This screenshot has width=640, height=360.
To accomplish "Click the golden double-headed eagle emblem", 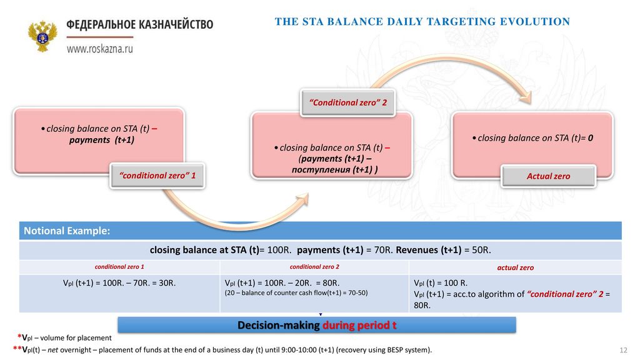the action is (42, 36).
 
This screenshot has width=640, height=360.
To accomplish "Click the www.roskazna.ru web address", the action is (99, 49).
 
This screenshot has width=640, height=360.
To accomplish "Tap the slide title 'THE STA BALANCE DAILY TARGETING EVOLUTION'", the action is (422, 22).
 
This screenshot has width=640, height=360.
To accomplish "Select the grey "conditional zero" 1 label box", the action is (157, 176).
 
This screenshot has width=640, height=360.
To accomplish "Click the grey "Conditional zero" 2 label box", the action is (347, 103).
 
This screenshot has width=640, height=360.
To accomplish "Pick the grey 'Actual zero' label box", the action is (548, 176).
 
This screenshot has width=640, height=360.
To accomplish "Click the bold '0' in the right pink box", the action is (590, 138).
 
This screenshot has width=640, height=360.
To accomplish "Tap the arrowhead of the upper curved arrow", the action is (526, 97).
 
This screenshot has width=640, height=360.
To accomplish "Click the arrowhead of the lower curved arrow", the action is (302, 199).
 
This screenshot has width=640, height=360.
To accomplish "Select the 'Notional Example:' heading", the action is (67, 231).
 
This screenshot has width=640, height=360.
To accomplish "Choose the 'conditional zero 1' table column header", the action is (119, 267).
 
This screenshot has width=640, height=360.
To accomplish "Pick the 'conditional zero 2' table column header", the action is (314, 267).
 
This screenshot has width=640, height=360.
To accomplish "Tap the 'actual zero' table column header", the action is (515, 267).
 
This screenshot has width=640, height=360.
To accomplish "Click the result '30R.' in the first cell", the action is (167, 283).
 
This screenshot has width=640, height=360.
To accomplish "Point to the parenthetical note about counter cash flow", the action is (296, 293).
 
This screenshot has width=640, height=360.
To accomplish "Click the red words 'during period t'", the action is (359, 325).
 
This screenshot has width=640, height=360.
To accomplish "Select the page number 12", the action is (623, 350).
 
